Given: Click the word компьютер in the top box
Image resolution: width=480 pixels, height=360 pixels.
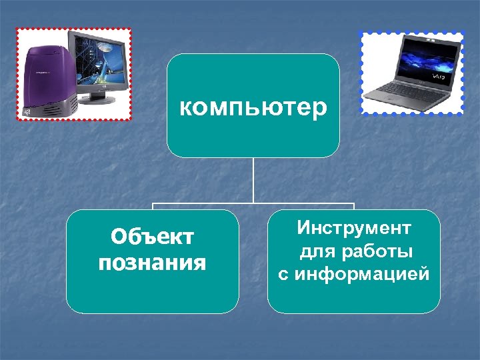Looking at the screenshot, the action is pyautogui.click(x=253, y=107).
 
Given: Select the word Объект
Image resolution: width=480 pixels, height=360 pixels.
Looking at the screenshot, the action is pyautogui.click(x=153, y=237).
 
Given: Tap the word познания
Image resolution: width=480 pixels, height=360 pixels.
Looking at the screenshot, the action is pyautogui.click(x=153, y=263).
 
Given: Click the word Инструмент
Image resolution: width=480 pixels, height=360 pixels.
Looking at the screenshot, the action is pyautogui.click(x=354, y=229).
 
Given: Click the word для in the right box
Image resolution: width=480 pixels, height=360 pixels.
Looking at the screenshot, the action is pyautogui.click(x=313, y=251).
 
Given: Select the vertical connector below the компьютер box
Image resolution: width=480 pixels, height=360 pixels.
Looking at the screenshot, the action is pyautogui.click(x=253, y=180).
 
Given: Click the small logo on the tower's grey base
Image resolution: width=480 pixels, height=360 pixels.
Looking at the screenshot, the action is pyautogui.click(x=25, y=111).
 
